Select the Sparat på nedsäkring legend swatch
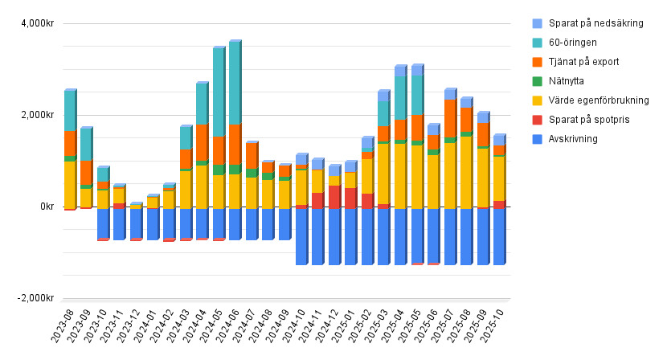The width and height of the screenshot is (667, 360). click(x=537, y=23)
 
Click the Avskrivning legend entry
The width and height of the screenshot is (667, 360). click(x=577, y=139)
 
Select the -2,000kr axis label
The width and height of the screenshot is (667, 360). click(x=33, y=298)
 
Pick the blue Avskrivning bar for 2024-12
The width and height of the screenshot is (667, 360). click(x=333, y=236)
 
